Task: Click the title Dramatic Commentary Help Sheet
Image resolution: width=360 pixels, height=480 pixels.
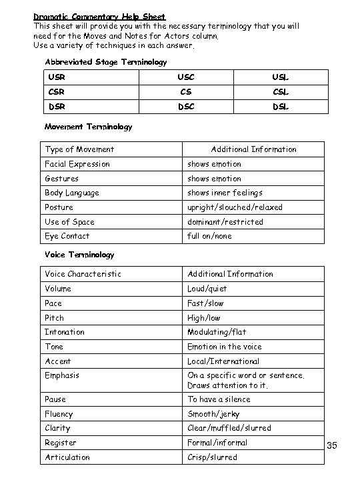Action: [x=99, y=16]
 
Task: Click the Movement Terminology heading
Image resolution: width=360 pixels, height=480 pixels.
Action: [x=88, y=126]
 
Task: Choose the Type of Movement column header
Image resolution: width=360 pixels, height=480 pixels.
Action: [x=79, y=149]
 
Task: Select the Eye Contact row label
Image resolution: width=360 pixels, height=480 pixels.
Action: [x=67, y=236]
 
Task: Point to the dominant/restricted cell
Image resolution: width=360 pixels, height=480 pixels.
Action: [x=225, y=221]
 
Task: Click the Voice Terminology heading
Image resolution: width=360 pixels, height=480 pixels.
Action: [x=79, y=255]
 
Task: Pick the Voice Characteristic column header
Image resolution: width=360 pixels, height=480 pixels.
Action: [x=83, y=274]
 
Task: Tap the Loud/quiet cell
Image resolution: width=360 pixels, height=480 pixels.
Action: [x=207, y=289]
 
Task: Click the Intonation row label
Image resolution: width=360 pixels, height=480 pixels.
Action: [x=64, y=331]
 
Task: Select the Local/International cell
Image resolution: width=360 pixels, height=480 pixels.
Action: [x=223, y=361]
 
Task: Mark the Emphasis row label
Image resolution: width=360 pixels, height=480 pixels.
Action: [x=61, y=375]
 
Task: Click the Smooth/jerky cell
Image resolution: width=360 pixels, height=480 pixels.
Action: [x=213, y=413]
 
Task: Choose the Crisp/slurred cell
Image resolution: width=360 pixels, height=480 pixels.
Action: [x=212, y=457]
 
